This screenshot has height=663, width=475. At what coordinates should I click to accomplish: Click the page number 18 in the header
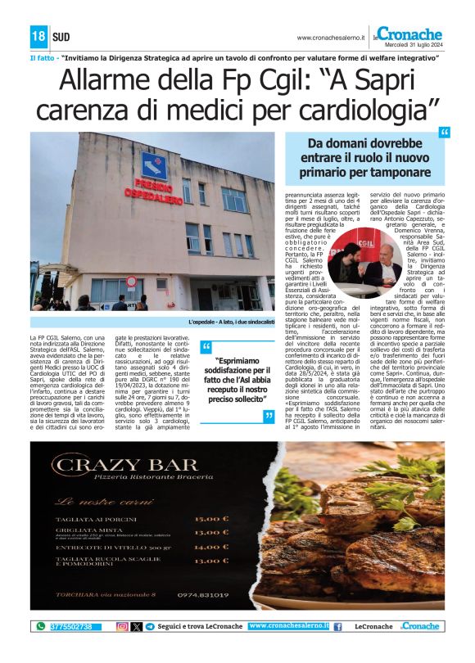click(x=38, y=36)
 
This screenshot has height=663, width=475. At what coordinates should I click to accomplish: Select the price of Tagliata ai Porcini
click(x=212, y=518)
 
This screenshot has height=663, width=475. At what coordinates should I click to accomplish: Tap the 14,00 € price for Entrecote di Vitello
click(x=212, y=546)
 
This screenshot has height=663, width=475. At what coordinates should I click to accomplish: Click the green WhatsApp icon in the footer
click(x=41, y=626)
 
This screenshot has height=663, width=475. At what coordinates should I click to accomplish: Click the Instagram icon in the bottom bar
click(x=122, y=626)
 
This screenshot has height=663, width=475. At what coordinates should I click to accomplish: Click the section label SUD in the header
click(x=61, y=37)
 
